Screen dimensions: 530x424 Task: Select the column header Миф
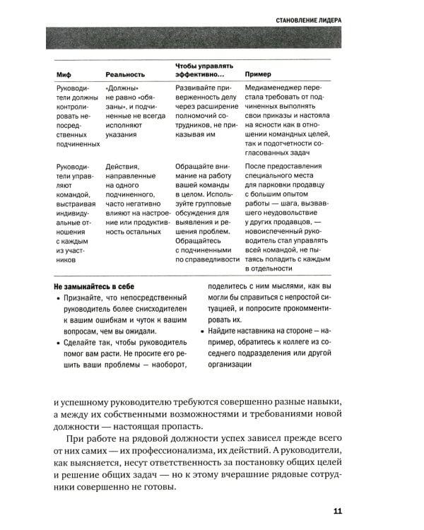[x=64, y=74]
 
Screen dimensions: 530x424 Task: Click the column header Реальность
[x=125, y=74]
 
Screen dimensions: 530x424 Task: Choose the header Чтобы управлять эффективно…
[x=200, y=69]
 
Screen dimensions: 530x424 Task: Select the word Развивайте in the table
[x=194, y=88]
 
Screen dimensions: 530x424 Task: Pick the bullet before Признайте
[x=58, y=300]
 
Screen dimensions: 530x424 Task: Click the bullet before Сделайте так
[x=58, y=343]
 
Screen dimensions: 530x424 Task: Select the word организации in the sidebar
[x=230, y=365]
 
